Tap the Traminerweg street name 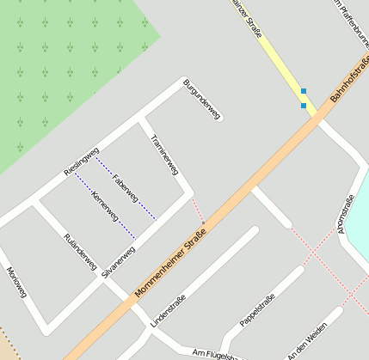pos(164,155)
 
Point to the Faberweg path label pos(126,188)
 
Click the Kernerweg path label pos(104,208)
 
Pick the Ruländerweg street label pos(80,252)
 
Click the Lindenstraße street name pos(168,309)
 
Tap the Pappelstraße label pos(257,309)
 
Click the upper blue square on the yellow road pos(303,91)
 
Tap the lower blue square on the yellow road pos(303,106)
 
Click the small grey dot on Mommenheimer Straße pos(203,223)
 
